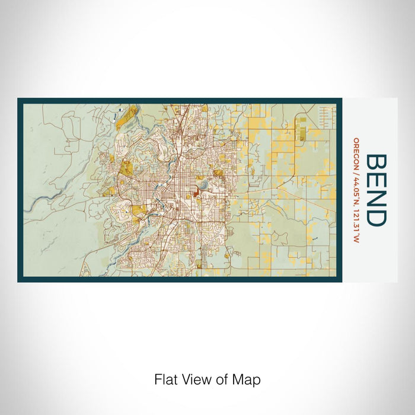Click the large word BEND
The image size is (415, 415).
[x=377, y=190]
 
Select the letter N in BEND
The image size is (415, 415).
[x=377, y=198]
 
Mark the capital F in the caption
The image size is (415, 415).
[x=158, y=379]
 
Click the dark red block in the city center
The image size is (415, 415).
[x=195, y=191]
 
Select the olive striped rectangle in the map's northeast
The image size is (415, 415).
[x=302, y=130]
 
